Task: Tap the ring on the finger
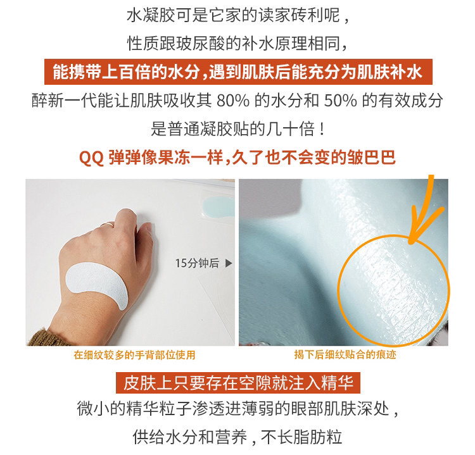(x=108, y=224)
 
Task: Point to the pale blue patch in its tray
(x=218, y=207)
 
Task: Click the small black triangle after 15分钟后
(x=229, y=263)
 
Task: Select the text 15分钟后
(x=197, y=263)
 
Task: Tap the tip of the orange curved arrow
(x=411, y=242)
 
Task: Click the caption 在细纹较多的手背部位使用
(x=134, y=355)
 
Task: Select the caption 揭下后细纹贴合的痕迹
(x=345, y=354)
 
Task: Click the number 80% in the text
(x=233, y=101)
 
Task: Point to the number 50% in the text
(x=341, y=101)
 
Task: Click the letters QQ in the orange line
(x=91, y=158)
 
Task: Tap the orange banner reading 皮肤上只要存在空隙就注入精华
(x=238, y=383)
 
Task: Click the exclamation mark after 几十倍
(x=322, y=129)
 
